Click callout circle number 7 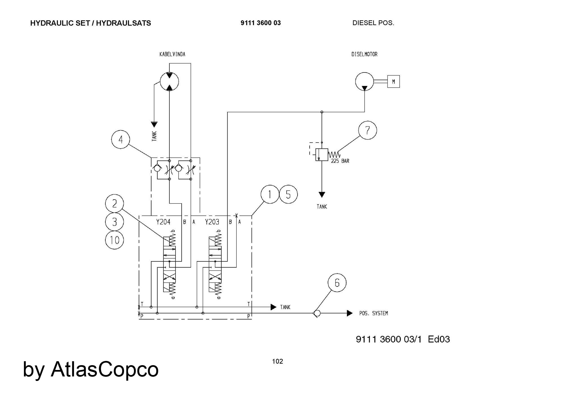(x=367, y=130)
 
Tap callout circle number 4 (x=121, y=140)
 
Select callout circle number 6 (x=337, y=283)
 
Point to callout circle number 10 (x=114, y=240)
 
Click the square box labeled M (x=393, y=82)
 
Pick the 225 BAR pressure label (x=340, y=161)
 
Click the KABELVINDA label (x=172, y=54)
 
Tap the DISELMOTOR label (x=364, y=54)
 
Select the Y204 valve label (x=163, y=222)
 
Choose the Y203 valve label (x=212, y=222)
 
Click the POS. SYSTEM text (x=373, y=313)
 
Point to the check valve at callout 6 (x=317, y=313)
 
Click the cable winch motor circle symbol (x=169, y=81)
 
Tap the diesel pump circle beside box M (x=364, y=81)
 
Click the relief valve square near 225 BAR (x=321, y=155)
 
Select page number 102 (x=277, y=361)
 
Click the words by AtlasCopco (x=91, y=369)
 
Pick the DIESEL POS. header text (x=373, y=23)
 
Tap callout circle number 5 (x=288, y=194)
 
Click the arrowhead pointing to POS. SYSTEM (x=350, y=313)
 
